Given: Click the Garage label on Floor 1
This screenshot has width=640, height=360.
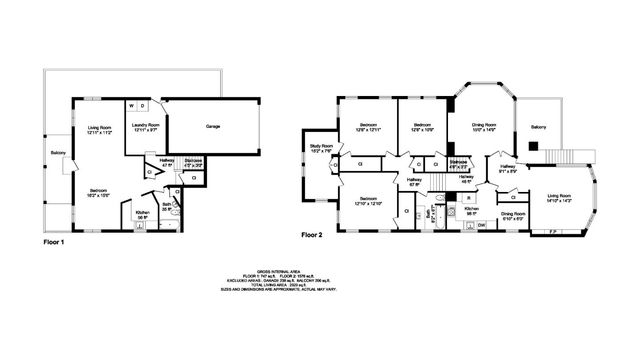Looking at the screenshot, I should pos(213,127).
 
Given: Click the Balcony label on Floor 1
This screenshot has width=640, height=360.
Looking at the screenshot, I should pos(58,153).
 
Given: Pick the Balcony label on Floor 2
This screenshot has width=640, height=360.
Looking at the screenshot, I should pos(538,127).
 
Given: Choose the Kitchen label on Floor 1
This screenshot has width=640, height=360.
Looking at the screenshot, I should pos(142,214).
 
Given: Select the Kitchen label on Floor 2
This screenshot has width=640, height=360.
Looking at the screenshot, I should pos(471,211).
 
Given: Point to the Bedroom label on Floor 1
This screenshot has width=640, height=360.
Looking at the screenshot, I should pos(97,192).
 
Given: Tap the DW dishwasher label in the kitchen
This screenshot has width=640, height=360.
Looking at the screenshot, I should pos(481,225).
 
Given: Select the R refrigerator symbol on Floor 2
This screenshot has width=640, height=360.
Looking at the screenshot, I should pos(469,198).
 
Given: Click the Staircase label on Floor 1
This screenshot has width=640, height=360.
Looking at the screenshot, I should pos(195,162).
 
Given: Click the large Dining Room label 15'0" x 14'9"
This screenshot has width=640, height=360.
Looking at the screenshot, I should pos(484,127).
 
